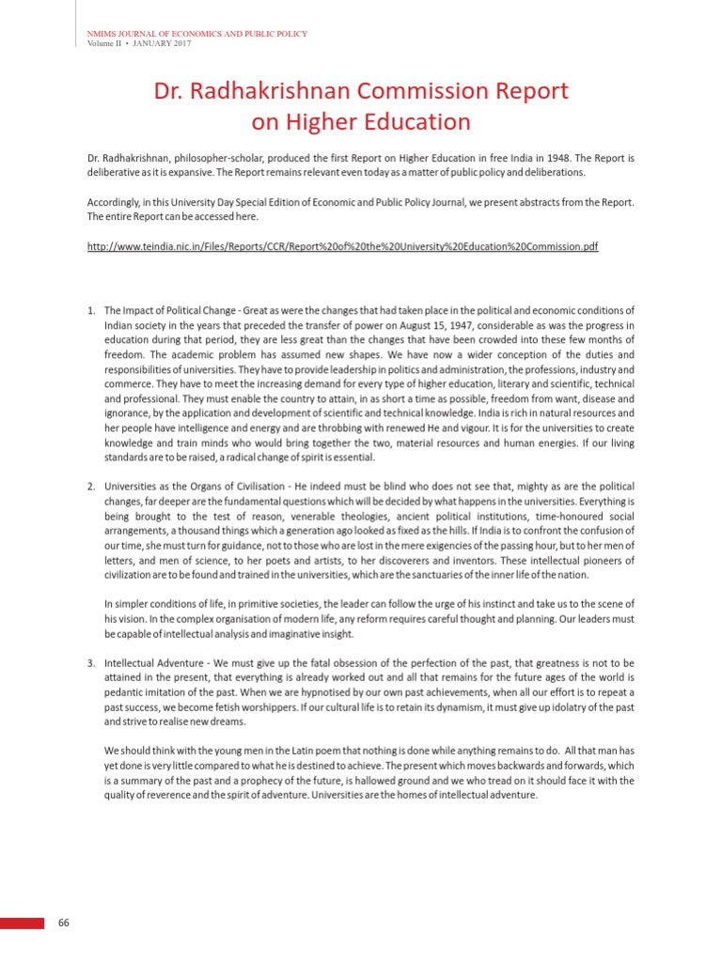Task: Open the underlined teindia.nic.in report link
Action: click(x=342, y=246)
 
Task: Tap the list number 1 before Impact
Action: click(x=91, y=310)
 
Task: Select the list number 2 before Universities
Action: click(x=91, y=487)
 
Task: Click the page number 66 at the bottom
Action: click(x=64, y=923)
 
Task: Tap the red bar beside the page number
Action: click(x=22, y=923)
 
